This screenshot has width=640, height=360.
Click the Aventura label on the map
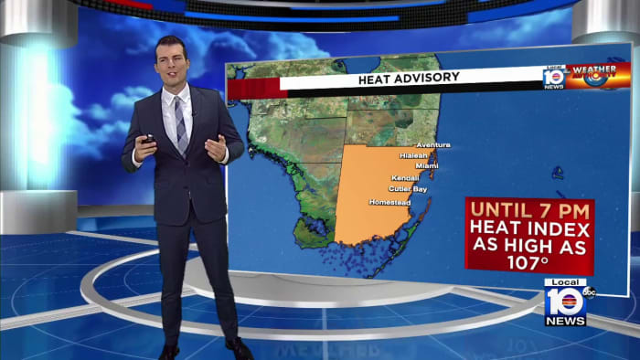[433, 145]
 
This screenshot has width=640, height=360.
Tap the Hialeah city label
[413, 155]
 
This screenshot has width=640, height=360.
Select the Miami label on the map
[427, 165]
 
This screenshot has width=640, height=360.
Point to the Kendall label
[404, 177]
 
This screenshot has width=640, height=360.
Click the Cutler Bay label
[407, 189]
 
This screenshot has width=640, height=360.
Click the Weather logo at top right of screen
[598, 75]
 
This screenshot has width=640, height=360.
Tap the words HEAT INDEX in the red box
[529, 229]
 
